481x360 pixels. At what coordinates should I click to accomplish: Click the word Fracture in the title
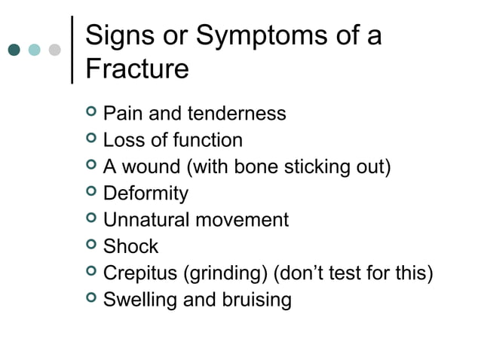click(x=136, y=69)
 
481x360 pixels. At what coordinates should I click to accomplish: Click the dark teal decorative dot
click(x=15, y=50)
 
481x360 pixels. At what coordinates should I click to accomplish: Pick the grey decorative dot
click(x=54, y=50)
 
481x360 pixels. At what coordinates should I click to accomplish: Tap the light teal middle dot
click(x=35, y=50)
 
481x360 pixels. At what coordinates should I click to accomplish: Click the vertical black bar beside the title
click(x=72, y=50)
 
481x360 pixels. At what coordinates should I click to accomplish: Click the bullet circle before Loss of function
click(x=91, y=139)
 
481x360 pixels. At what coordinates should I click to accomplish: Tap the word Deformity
click(x=146, y=194)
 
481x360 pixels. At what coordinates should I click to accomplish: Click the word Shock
click(x=130, y=246)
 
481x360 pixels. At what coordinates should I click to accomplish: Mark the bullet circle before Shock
click(x=91, y=246)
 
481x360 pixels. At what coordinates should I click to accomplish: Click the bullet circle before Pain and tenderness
click(x=91, y=113)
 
